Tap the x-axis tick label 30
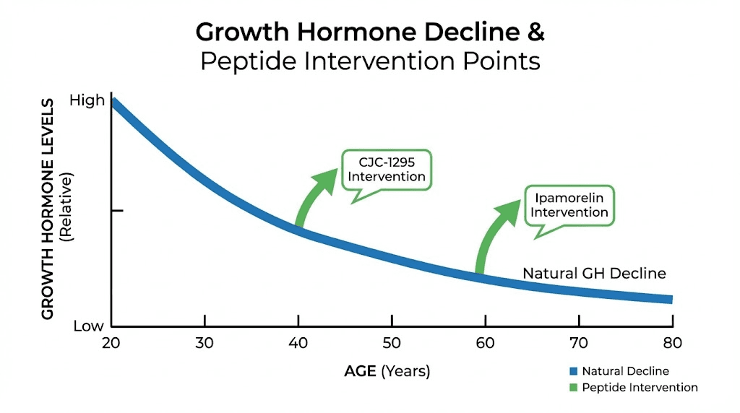point(205,343)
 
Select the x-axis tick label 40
point(298,343)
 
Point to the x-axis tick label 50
point(392,343)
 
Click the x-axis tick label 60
point(485,343)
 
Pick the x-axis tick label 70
point(579,343)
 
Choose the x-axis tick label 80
point(672,343)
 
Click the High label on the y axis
point(87,101)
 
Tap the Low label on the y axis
point(88,326)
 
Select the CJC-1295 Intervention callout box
point(386,170)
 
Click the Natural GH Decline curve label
point(594,274)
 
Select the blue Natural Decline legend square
point(573,371)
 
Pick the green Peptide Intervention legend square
point(573,388)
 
